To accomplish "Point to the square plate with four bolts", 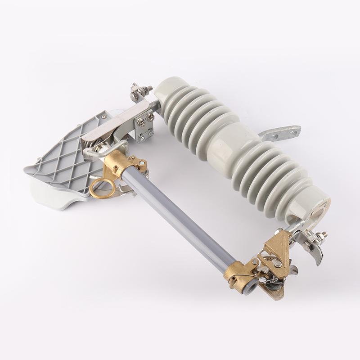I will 145,128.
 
